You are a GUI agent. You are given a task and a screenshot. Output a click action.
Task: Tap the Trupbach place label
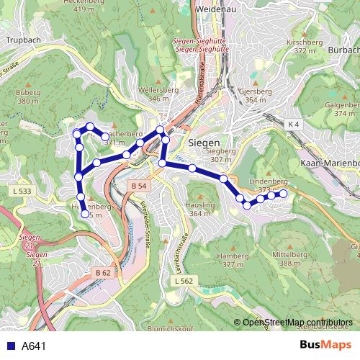(x=22, y=41)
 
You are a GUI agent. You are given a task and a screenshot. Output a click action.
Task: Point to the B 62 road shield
(x=103, y=273)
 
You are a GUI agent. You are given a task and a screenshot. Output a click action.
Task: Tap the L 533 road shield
(x=22, y=191)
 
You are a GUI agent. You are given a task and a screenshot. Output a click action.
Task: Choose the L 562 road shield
(x=184, y=280)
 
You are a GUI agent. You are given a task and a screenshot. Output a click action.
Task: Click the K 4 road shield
(x=292, y=125)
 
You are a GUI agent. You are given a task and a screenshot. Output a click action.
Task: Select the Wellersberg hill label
(x=163, y=90)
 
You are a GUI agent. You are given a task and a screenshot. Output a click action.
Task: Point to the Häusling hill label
(x=202, y=204)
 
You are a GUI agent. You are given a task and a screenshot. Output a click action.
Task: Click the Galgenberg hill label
(x=341, y=105)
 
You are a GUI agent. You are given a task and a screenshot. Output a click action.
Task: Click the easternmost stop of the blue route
(x=283, y=194)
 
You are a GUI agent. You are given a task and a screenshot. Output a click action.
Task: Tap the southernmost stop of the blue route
(x=85, y=213)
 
